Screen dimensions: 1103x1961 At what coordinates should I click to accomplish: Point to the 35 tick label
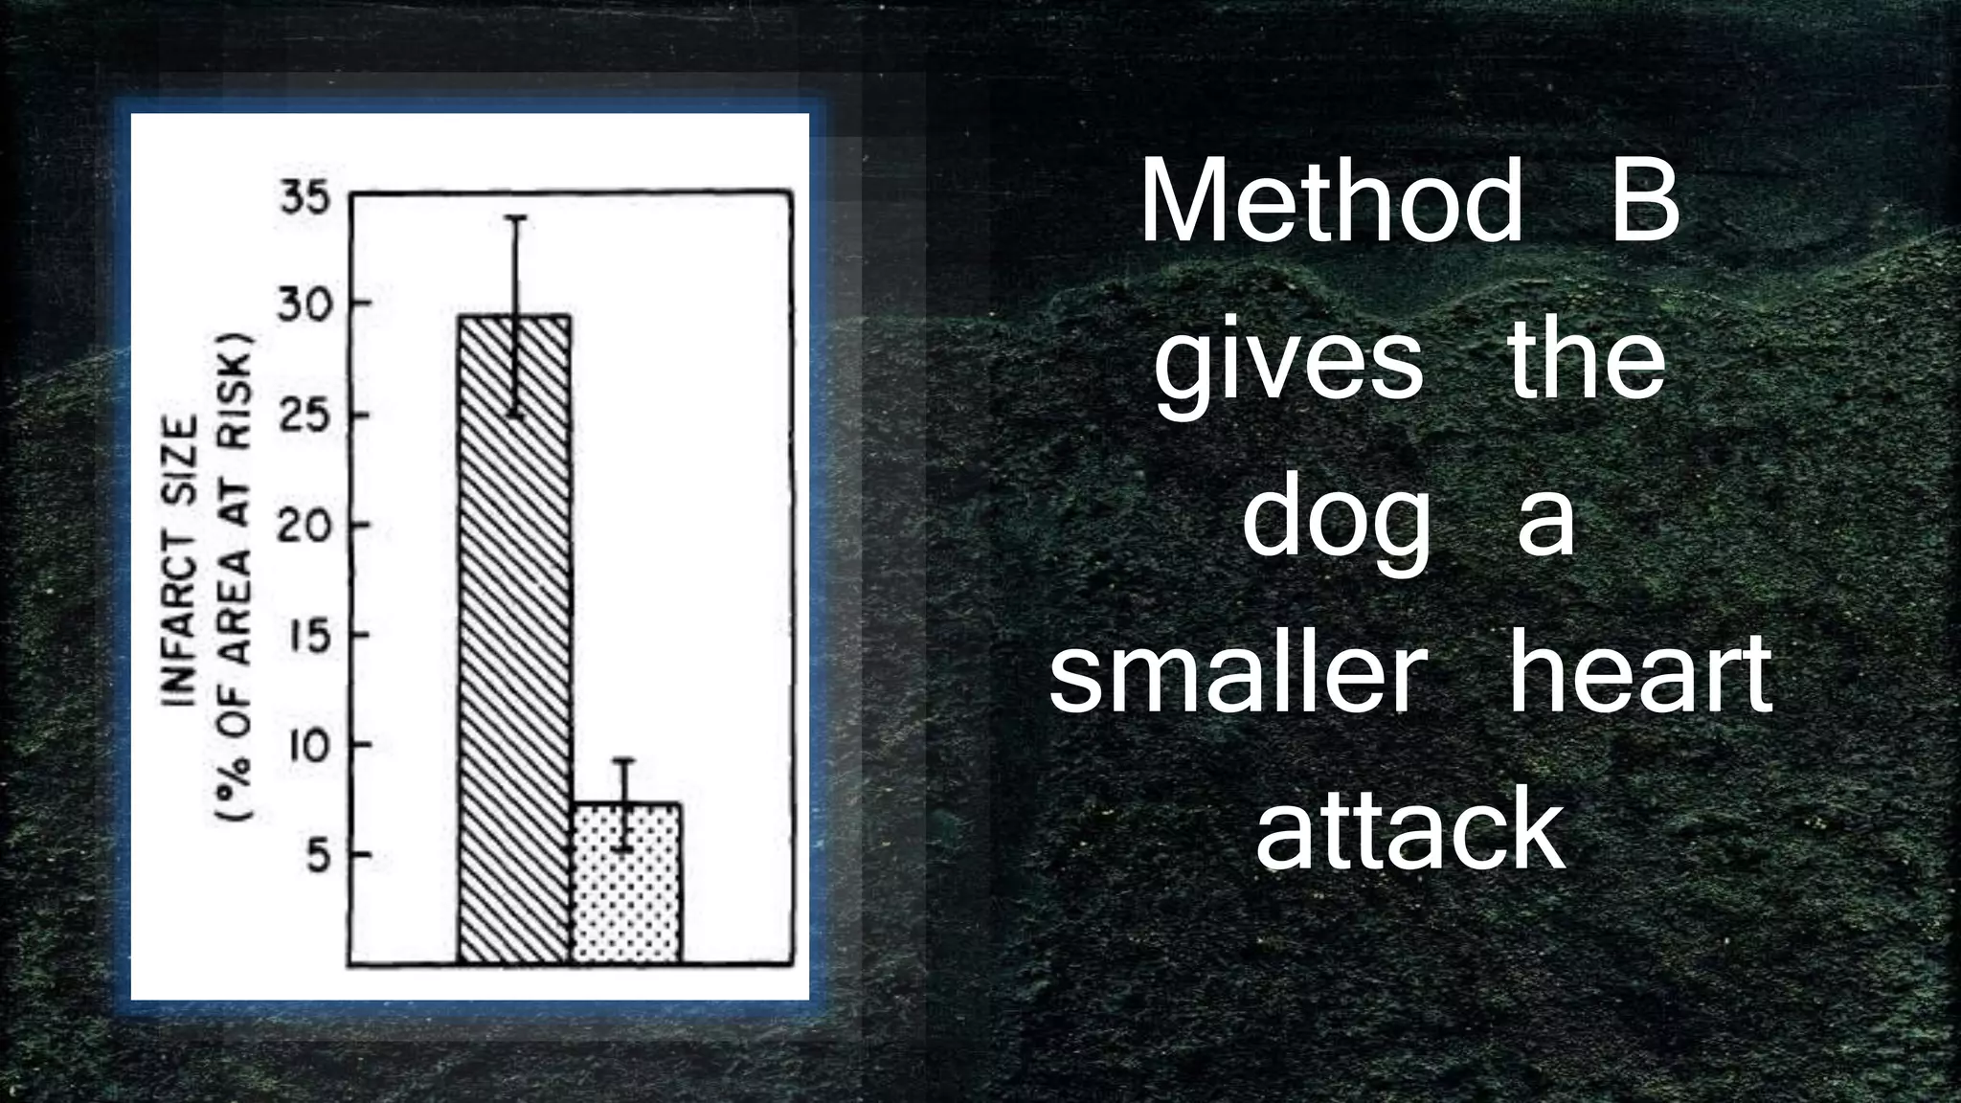304,199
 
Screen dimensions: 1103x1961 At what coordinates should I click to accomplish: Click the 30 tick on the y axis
304,305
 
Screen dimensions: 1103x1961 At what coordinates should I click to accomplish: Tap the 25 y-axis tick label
304,416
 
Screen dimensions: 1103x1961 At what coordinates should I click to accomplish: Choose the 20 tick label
304,526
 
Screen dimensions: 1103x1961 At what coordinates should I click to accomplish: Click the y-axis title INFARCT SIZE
181,560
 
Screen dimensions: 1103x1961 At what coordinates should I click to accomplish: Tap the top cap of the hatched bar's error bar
515,218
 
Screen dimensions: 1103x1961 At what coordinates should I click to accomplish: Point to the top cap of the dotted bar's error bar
624,760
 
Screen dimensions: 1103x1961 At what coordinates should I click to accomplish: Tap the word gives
1288,364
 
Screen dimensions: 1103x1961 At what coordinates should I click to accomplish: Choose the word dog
1336,522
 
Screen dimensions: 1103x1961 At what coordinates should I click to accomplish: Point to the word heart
1639,675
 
